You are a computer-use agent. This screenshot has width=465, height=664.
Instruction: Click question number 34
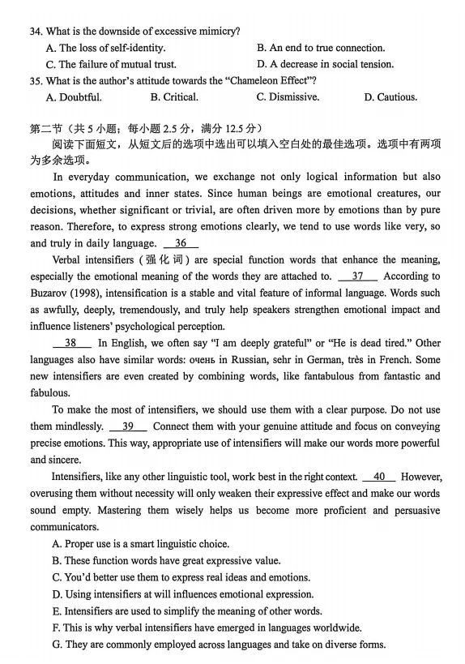(36, 32)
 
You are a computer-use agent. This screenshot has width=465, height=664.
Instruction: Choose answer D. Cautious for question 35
(390, 97)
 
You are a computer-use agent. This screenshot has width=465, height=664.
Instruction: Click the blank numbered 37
(357, 276)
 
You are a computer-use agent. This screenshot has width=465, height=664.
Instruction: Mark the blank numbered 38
(70, 343)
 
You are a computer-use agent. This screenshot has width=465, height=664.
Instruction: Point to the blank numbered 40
(379, 477)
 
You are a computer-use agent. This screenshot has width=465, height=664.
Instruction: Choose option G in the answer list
(219, 645)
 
